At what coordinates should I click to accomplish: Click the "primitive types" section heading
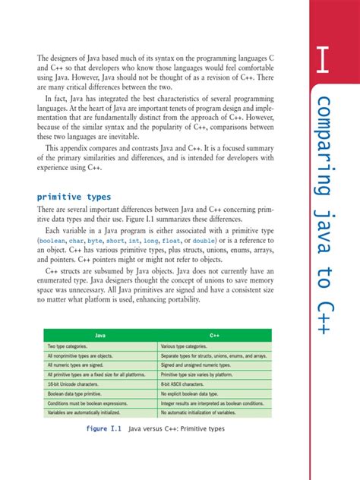pyautogui.click(x=74, y=196)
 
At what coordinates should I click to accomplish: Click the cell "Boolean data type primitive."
pyautogui.click(x=78, y=395)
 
